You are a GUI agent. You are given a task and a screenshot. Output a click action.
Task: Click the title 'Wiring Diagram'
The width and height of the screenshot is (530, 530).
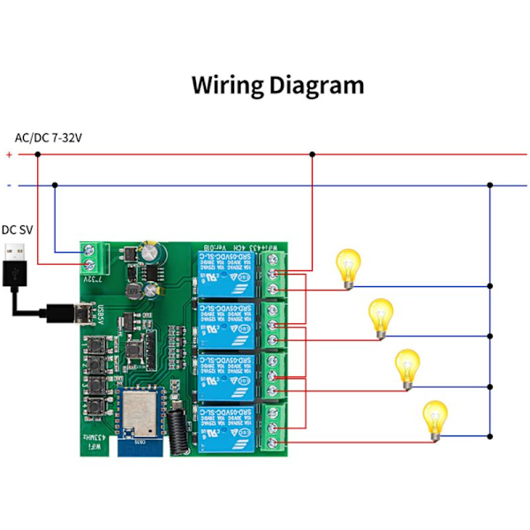(x=277, y=86)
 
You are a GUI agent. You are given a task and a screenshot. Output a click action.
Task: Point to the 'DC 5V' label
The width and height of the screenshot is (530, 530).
(x=19, y=228)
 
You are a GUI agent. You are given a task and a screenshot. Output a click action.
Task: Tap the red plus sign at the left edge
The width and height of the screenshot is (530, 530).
(x=9, y=155)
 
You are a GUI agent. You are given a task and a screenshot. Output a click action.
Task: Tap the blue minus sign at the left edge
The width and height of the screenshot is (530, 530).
(x=9, y=185)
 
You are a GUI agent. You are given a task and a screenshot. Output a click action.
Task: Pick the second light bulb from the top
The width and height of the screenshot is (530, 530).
(x=380, y=317)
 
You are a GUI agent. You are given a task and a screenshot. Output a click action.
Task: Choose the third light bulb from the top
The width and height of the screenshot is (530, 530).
(x=406, y=367)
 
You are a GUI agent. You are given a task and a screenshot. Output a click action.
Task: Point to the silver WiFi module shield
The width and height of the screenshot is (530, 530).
(x=135, y=415)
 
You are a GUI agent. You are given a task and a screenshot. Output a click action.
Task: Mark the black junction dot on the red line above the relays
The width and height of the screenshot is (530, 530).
(x=311, y=155)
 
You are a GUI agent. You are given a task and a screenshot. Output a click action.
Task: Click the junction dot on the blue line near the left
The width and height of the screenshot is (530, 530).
(x=55, y=185)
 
